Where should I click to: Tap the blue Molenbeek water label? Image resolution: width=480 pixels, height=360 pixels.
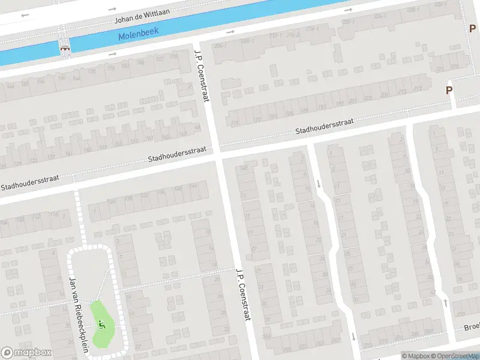coord(137,35)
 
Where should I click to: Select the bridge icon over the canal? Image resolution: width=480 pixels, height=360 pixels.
coord(64,47)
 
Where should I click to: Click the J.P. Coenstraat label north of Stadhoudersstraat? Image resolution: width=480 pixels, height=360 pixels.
coord(200,74)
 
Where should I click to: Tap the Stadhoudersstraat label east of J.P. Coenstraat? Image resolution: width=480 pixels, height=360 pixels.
coord(324,126)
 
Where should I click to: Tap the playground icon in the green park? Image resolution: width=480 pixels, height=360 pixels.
coord(101,325)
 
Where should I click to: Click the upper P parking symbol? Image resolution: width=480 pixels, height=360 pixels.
coord(472,28)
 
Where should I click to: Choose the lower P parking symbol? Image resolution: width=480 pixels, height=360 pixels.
coord(448,91)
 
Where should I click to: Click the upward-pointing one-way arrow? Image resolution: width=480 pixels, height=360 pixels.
coord(445,302)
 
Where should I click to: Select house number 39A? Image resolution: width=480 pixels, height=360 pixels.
coord(265,338)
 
